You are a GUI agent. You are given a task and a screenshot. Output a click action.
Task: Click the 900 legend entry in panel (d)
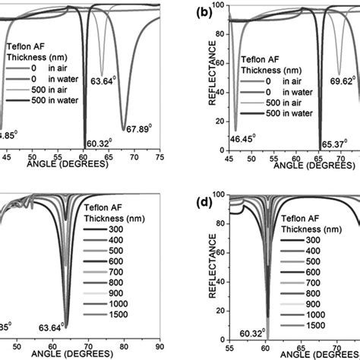(x=327, y=302)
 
